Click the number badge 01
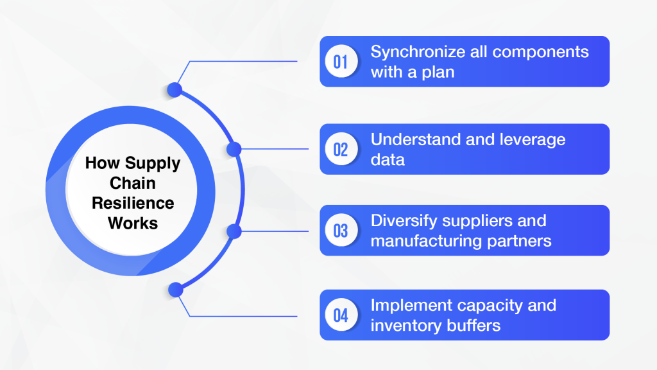point(341,62)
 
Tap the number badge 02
point(341,149)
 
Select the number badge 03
point(341,231)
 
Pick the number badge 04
point(341,315)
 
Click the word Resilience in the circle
point(133,204)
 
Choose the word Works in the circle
point(133,224)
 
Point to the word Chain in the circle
point(133,183)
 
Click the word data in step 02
point(388,160)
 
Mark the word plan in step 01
point(438,72)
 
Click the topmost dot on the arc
point(175,90)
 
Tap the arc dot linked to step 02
point(234,149)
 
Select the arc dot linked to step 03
point(234,231)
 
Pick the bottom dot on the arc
point(175,290)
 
